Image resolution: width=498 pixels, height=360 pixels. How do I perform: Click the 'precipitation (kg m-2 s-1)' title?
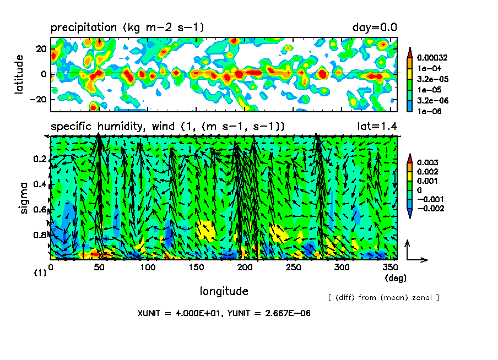127,27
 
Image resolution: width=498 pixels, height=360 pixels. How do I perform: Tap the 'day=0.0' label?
375,27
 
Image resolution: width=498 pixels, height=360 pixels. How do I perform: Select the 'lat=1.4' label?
378,127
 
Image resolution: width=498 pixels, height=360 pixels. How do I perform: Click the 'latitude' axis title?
19,73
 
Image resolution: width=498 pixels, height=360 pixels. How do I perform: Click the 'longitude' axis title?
224,291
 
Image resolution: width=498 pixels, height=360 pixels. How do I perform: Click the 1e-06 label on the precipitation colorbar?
427,111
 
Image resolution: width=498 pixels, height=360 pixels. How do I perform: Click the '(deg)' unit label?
394,278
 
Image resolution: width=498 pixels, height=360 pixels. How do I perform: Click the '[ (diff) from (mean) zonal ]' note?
383,298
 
